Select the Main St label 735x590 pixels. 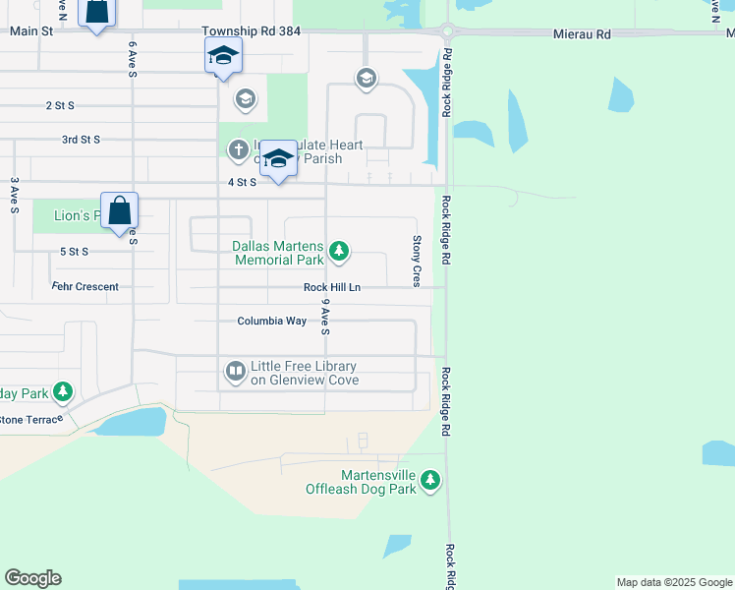point(30,31)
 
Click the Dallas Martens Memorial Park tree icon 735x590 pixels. point(339,252)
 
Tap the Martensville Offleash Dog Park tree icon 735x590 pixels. point(430,481)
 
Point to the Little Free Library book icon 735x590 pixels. point(236,372)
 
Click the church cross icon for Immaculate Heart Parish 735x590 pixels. point(238,150)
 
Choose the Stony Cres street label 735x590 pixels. point(417,261)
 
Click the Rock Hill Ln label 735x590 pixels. point(332,287)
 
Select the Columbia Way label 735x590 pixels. point(271,322)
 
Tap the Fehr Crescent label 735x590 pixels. point(85,287)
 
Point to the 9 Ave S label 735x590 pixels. point(325,319)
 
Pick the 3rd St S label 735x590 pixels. point(81,140)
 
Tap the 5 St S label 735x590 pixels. point(74,252)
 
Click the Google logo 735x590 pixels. point(32,578)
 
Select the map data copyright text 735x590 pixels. point(673,582)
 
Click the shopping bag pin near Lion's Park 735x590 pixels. point(119,210)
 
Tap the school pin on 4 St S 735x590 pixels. point(278,158)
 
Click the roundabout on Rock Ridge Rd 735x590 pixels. point(446,30)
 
